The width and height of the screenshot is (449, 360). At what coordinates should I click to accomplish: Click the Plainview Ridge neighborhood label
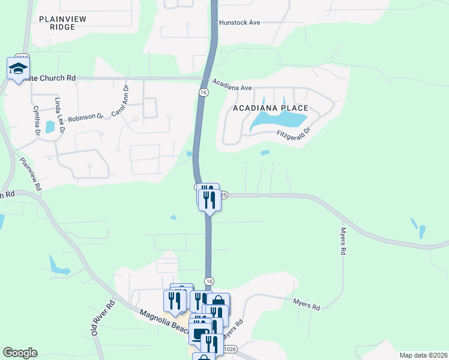click(63, 23)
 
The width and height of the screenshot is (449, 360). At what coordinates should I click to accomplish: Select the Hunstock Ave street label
click(239, 22)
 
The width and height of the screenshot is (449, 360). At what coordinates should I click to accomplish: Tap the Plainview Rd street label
click(30, 174)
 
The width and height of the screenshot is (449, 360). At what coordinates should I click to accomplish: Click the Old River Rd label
click(101, 318)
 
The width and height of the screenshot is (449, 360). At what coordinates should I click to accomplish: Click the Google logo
click(20, 353)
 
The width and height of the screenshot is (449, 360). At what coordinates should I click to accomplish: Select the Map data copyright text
click(423, 355)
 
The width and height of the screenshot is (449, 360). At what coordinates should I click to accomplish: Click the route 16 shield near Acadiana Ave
click(203, 92)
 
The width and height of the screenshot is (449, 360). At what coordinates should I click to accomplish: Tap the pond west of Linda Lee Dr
click(50, 127)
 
